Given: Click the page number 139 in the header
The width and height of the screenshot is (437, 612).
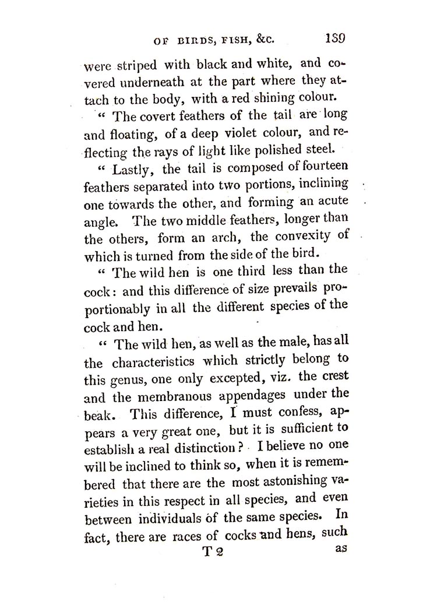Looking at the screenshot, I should click(333, 39).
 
